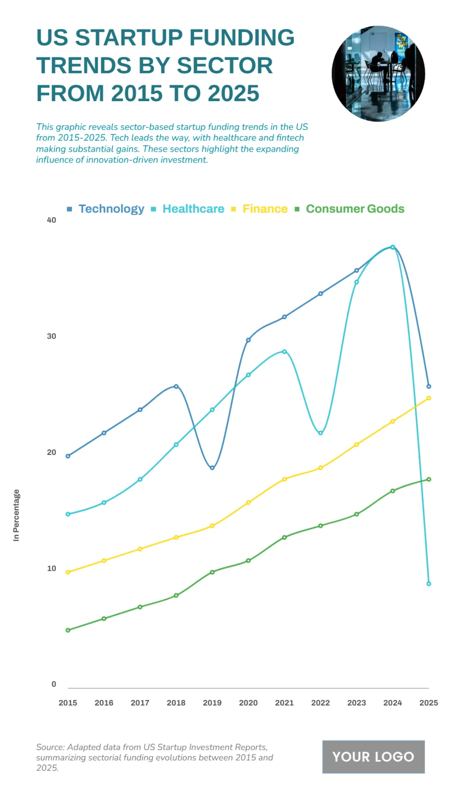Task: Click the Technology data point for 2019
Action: (x=212, y=467)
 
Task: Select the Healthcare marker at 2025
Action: (x=429, y=584)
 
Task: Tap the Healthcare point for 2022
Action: (x=321, y=433)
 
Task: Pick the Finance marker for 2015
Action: (x=68, y=572)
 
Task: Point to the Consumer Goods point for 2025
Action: (x=429, y=479)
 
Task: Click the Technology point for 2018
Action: (x=176, y=386)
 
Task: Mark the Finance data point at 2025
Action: (x=429, y=398)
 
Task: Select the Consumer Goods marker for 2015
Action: (x=68, y=630)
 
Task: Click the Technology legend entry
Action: (x=111, y=209)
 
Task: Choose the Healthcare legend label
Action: (x=193, y=209)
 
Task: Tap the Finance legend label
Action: (x=265, y=209)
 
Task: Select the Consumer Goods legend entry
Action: (x=355, y=209)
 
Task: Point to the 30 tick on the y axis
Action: (x=52, y=336)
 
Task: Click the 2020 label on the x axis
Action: (x=248, y=703)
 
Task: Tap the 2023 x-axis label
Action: (x=357, y=703)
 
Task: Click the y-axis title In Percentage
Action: (x=16, y=515)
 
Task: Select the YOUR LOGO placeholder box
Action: (x=373, y=757)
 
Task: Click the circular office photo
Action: (x=378, y=74)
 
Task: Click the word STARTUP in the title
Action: (x=129, y=37)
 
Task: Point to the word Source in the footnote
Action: (x=50, y=747)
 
